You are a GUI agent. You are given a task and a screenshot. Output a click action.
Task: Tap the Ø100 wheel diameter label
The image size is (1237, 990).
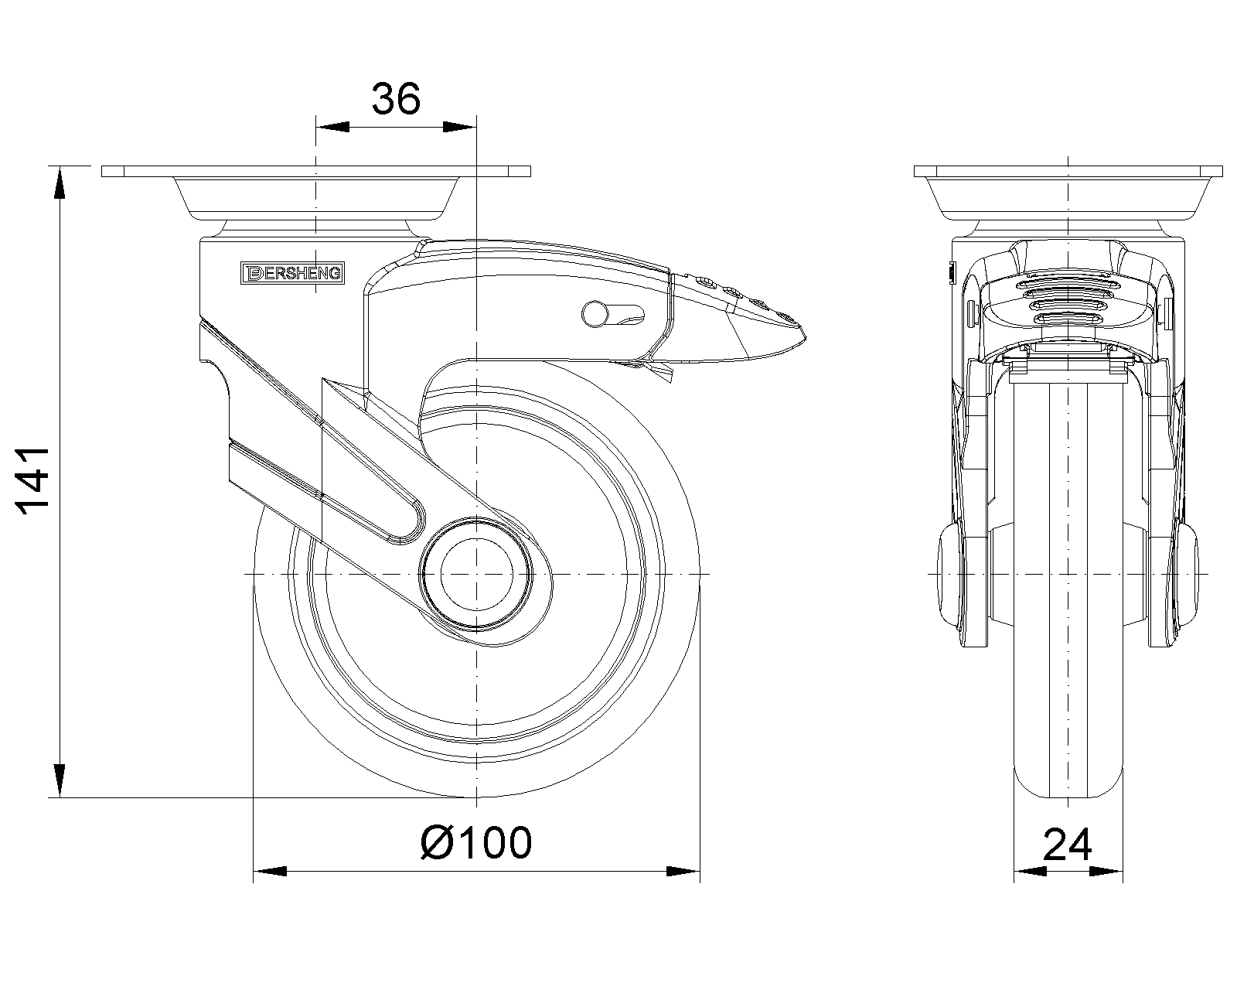tap(476, 842)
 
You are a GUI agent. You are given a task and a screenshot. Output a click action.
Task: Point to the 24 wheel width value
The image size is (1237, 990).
tap(1068, 845)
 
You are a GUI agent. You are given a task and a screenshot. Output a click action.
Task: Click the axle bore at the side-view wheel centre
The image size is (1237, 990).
tap(476, 574)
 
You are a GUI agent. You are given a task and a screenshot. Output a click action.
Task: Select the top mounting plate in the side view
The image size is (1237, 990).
tap(316, 171)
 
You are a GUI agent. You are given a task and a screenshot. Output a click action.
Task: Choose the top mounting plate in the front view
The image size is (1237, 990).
tap(1068, 171)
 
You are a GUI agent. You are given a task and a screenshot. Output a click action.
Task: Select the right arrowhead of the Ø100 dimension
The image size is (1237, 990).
tap(683, 872)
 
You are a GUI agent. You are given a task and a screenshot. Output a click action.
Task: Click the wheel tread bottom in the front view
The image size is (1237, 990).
tap(1068, 793)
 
